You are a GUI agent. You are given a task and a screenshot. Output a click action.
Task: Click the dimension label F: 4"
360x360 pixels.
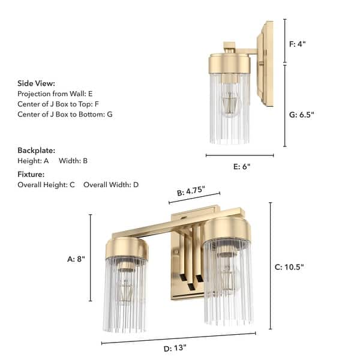coord(298,43)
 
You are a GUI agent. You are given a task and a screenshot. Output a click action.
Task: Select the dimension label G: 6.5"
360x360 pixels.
coord(302,114)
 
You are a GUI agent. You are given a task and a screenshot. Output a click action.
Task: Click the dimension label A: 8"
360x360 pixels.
coord(76,259)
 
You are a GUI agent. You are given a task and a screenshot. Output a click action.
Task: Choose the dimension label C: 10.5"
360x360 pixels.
coord(293,267)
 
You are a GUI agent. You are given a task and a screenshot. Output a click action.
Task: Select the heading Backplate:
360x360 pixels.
coord(37,150)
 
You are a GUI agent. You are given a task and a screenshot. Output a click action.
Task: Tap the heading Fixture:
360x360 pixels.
coord(31,174)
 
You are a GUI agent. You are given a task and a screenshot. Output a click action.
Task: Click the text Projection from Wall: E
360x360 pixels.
coord(55,94)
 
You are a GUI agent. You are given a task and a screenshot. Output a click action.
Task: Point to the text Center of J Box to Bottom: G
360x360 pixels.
coord(65,114)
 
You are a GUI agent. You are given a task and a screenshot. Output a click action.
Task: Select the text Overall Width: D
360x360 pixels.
coord(111,185)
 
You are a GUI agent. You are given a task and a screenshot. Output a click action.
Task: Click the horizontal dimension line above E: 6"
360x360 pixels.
coord(239,155)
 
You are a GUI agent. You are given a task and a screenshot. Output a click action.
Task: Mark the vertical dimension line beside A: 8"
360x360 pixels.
coord(91,258)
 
